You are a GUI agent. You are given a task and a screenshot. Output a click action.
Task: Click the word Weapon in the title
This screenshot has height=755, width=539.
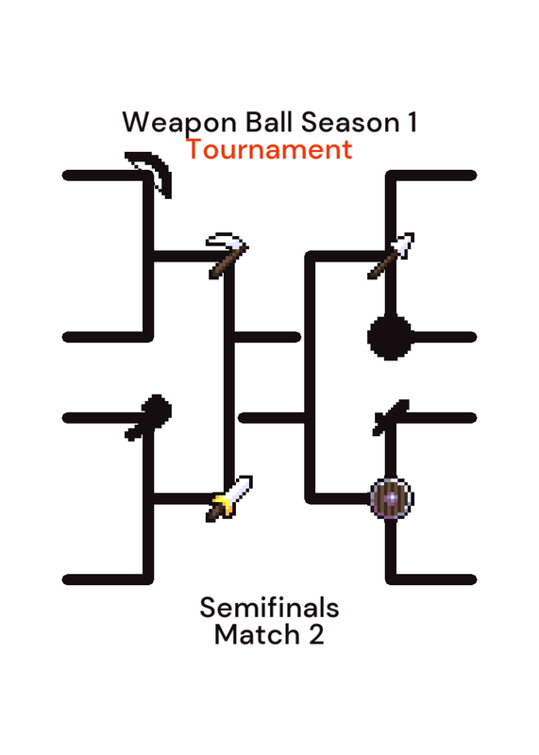[179, 123]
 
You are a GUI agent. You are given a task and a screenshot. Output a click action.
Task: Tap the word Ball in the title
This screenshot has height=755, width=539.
[269, 122]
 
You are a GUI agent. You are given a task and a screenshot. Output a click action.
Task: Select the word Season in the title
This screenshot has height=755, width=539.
[350, 123]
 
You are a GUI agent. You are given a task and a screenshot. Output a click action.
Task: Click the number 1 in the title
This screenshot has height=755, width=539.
[413, 122]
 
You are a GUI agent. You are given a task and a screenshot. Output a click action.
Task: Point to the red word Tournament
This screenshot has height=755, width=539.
[270, 149]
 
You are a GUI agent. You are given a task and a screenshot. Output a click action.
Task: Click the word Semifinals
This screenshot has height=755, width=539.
[269, 608]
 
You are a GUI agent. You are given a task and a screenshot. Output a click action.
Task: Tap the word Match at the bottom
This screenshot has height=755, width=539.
[257, 634]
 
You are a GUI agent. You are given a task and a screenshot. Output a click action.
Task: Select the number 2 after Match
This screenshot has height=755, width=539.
[316, 634]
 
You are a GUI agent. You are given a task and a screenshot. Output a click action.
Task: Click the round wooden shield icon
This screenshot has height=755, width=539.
[392, 498]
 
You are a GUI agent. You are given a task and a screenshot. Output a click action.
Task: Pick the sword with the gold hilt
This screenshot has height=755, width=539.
[229, 499]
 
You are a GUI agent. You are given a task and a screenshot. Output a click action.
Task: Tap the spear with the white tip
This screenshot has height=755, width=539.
[391, 256]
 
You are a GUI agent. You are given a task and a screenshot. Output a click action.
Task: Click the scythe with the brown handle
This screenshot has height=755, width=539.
[227, 256]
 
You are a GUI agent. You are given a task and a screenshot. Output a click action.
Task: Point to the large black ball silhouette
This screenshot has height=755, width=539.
[390, 338]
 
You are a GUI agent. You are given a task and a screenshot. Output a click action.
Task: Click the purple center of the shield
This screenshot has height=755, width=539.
[392, 498]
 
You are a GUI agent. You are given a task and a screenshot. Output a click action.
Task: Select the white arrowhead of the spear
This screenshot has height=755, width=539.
[405, 243]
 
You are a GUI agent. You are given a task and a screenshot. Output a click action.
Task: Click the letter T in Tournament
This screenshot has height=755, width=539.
[194, 150]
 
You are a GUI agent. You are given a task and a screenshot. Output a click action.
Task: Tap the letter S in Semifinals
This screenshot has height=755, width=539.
[207, 608]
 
